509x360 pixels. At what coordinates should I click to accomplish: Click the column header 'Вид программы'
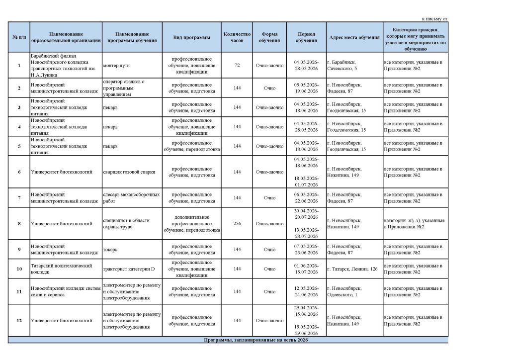coord(191,37)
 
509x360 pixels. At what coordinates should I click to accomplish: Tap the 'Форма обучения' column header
coord(269,37)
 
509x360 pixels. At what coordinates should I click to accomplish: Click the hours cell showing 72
coord(237,65)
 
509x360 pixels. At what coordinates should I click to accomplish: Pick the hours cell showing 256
coord(237,224)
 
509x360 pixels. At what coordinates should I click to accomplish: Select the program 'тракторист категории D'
coord(129,269)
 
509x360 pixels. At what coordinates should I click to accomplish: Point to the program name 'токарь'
coord(110,250)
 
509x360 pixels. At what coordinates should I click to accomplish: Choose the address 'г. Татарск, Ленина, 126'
coord(352,269)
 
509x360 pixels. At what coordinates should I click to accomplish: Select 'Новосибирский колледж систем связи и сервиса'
coord(63,291)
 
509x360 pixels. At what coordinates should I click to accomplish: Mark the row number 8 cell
coord(19,224)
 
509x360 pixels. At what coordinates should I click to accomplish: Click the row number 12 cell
coord(19,321)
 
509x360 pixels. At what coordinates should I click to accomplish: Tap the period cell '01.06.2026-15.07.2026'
coord(306,269)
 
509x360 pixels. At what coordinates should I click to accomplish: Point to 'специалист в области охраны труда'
coord(127,224)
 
